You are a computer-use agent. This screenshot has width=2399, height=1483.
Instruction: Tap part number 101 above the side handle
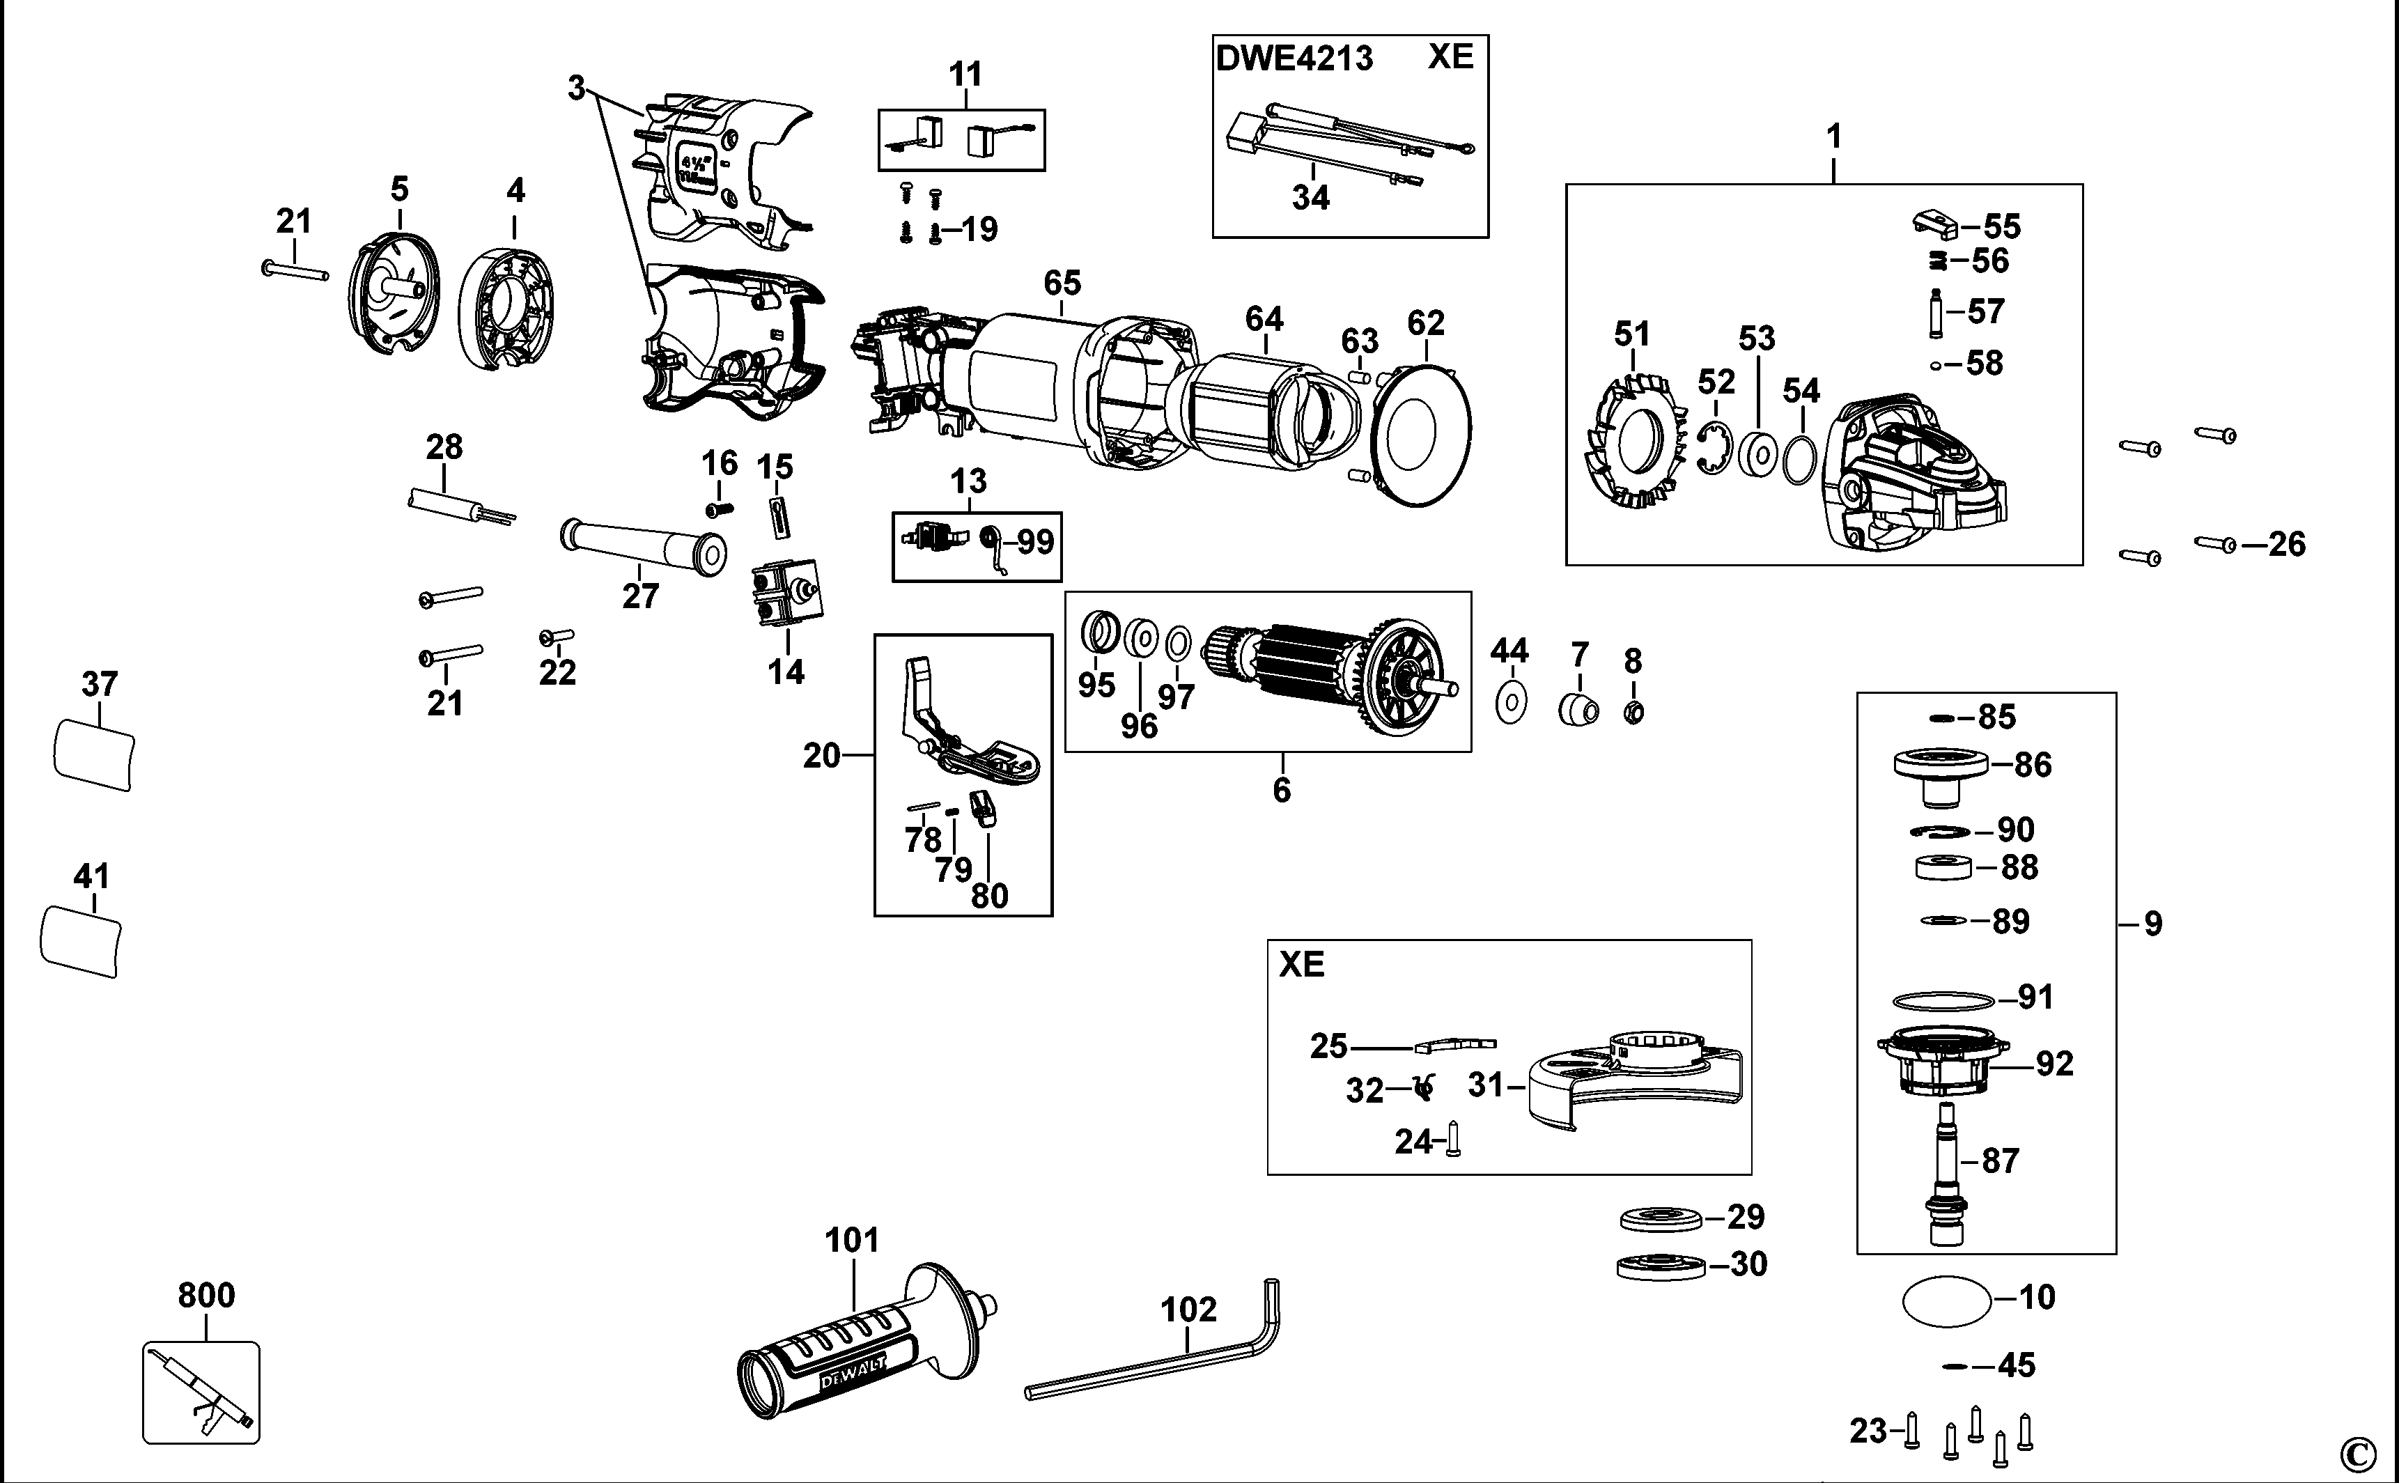[x=851, y=1240]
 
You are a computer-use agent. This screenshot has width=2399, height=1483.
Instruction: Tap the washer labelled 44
[x=1512, y=702]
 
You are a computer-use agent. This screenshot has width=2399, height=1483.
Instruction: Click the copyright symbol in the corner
[x=2359, y=1452]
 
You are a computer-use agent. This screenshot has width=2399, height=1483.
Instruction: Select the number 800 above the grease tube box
[x=206, y=1296]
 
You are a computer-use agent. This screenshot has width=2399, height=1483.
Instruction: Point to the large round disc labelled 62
[x=1422, y=435]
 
